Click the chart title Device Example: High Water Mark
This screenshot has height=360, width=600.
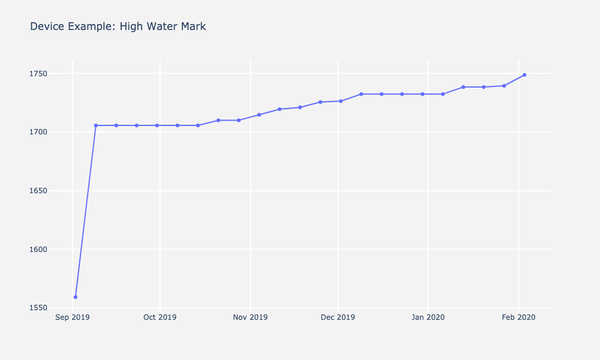click(x=118, y=26)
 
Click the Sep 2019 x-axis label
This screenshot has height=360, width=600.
click(x=72, y=317)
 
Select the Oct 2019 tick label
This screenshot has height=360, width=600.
click(x=160, y=317)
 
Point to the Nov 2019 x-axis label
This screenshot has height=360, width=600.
click(x=250, y=317)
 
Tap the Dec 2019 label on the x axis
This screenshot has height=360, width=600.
click(x=338, y=317)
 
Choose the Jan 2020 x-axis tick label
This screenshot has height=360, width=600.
click(x=428, y=317)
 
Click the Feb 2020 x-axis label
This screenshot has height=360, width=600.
click(x=518, y=317)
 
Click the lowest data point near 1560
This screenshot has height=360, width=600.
click(x=75, y=297)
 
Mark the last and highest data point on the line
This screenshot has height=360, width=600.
click(x=524, y=75)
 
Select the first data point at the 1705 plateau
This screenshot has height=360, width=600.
click(x=95, y=125)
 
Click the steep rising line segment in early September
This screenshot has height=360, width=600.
click(x=85, y=211)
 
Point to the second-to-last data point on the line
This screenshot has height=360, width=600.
click(x=504, y=86)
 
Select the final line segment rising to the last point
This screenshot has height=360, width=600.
click(x=514, y=80)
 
